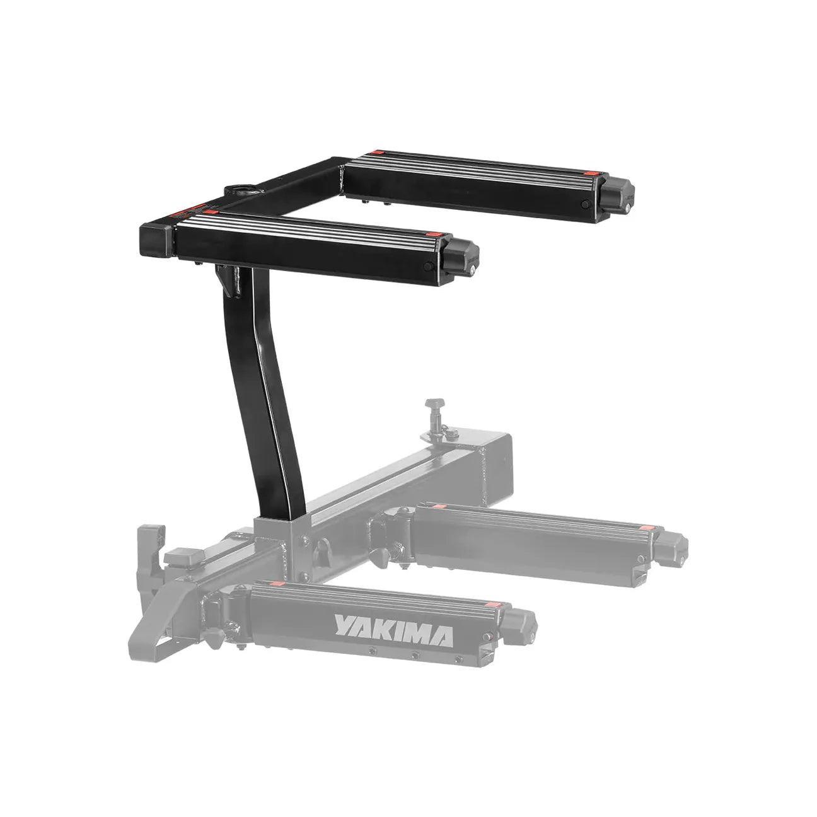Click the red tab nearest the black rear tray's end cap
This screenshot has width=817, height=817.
point(590,174)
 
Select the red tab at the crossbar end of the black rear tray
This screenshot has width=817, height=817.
point(375,152)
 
